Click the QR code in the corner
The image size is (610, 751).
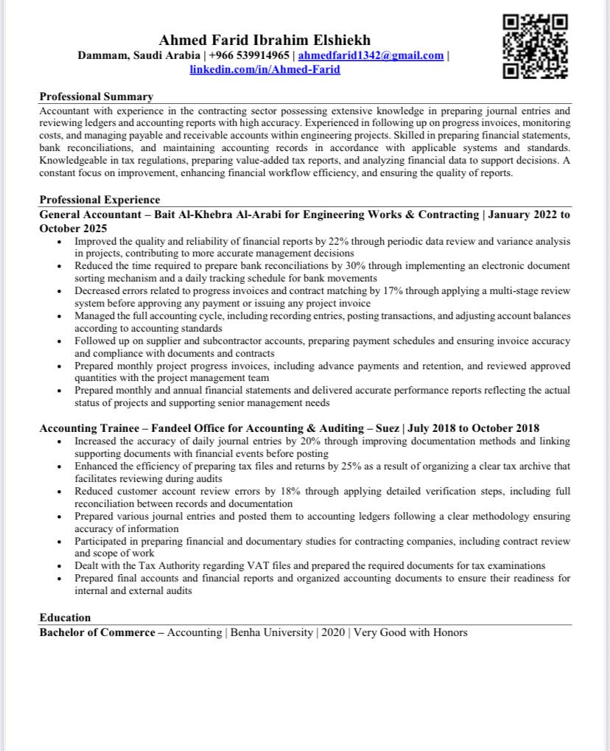click(x=535, y=46)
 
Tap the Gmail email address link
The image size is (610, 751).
click(x=371, y=55)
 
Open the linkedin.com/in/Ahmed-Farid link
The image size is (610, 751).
click(x=265, y=69)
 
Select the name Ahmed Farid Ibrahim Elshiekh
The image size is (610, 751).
click(x=264, y=40)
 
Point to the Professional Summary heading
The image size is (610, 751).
click(x=96, y=97)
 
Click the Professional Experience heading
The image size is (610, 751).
click(x=99, y=200)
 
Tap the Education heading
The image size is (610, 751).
click(x=65, y=618)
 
